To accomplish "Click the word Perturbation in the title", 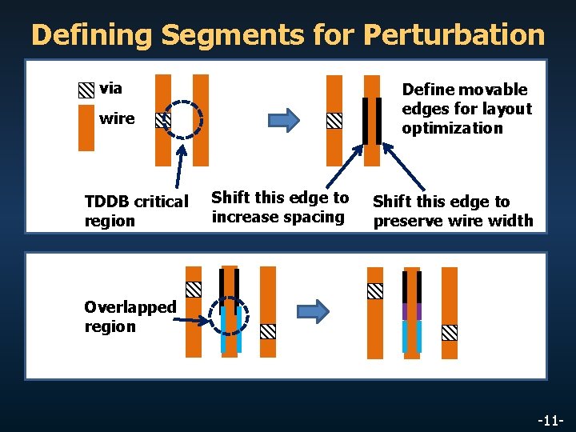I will [x=454, y=34].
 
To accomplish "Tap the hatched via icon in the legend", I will [x=86, y=90].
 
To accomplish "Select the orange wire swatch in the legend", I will [x=86, y=128].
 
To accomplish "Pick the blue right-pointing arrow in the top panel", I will [x=284, y=121].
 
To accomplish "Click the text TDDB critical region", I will [x=136, y=211].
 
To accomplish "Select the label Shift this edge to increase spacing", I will [x=279, y=207].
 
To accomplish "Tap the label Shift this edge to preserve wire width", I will [x=452, y=211].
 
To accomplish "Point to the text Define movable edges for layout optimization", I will [x=466, y=109].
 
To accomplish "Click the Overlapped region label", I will [x=130, y=317].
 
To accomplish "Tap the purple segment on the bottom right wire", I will [x=411, y=311].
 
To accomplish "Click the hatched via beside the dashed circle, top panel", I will [x=163, y=120].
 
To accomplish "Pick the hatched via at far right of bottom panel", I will [x=450, y=332].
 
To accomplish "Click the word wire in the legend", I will [x=117, y=118].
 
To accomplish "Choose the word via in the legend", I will [x=110, y=88].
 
